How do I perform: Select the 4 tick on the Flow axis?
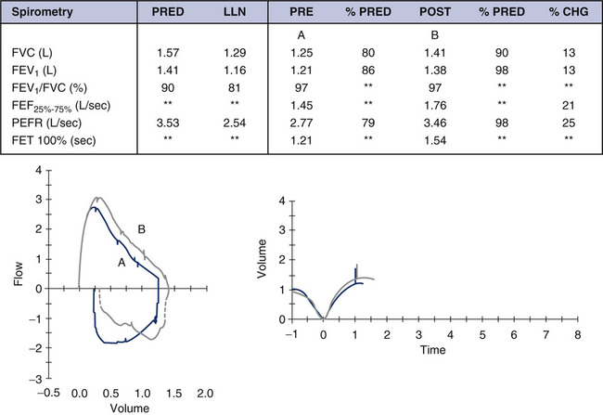pos(39,171)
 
